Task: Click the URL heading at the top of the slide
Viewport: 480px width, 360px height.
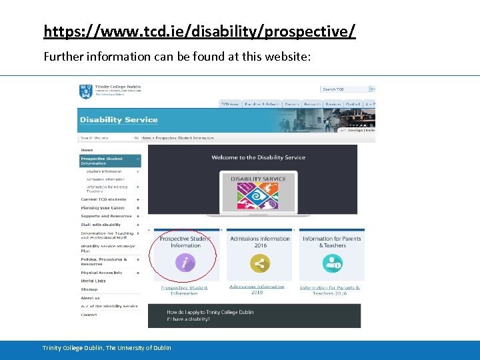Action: [199, 31]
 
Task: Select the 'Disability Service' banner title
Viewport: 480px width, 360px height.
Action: [119, 120]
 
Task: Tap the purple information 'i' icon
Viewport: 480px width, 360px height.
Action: [185, 263]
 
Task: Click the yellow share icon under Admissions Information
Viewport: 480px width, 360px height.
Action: [259, 264]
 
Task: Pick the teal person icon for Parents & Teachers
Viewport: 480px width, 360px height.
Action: [331, 264]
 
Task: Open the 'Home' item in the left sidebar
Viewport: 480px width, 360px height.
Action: [87, 150]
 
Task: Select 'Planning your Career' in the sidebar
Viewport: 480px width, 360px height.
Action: [103, 208]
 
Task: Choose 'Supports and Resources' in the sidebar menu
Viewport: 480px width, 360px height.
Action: [106, 216]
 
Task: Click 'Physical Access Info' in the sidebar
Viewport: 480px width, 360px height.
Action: [101, 273]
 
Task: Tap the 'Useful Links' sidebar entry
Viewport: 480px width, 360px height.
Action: [93, 281]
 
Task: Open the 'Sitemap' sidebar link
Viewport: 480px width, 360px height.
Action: [89, 289]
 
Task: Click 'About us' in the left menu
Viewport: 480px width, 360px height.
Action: [91, 298]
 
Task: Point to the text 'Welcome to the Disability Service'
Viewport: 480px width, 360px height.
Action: [258, 157]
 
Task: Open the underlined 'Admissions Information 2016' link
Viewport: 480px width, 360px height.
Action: [257, 289]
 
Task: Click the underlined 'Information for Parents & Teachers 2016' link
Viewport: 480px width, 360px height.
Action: [330, 291]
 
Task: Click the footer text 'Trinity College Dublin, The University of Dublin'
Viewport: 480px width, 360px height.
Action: [107, 348]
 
